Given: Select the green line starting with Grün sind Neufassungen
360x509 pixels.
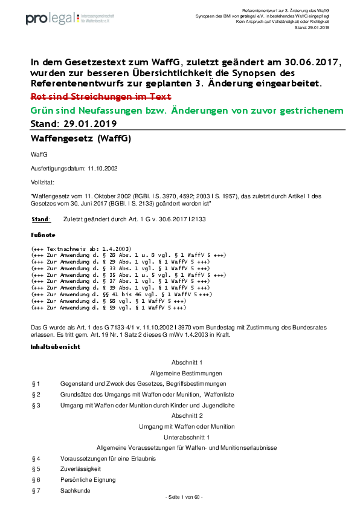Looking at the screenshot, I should pyautogui.click(x=187, y=111).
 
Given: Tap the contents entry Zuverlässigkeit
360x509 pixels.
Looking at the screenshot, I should pyautogui.click(x=81, y=468).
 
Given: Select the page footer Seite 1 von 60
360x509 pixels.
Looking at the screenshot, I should pyautogui.click(x=184, y=497).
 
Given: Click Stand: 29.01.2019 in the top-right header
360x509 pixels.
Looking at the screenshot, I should pyautogui.click(x=312, y=28).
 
